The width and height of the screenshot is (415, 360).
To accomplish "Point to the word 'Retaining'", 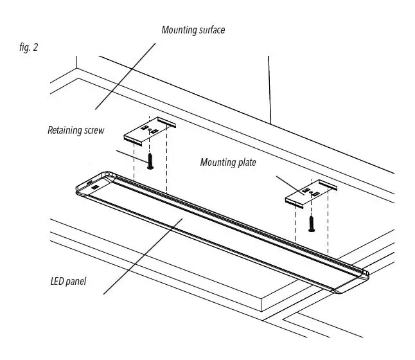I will [64, 130].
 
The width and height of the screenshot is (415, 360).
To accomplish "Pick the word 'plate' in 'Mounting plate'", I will [246, 163].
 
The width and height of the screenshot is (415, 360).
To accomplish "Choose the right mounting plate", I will [310, 193].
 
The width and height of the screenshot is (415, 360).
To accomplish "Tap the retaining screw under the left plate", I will [150, 160].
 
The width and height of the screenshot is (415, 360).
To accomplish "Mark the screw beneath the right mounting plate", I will [312, 223].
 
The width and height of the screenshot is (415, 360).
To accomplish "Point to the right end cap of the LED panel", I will [353, 280].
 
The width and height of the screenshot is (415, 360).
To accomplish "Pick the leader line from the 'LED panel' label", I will [141, 257].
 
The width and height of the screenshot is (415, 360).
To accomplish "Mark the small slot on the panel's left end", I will [95, 186].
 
